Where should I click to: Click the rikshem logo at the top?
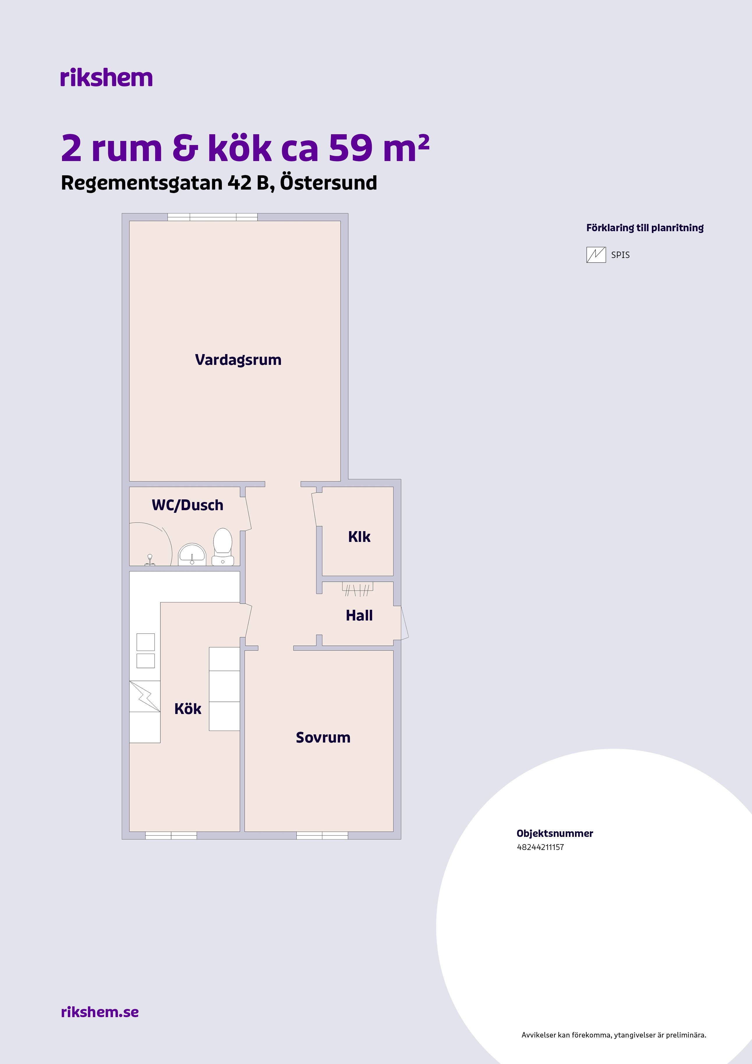click(106, 77)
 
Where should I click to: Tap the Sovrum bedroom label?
click(323, 737)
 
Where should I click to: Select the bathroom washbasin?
click(192, 554)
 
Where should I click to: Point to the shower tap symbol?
click(150, 560)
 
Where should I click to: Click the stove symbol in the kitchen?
click(145, 696)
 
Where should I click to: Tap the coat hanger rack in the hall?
click(358, 588)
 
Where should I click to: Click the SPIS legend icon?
click(596, 255)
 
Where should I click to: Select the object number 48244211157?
click(540, 847)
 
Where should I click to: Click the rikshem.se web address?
click(100, 1012)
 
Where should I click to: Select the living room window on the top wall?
click(213, 217)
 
